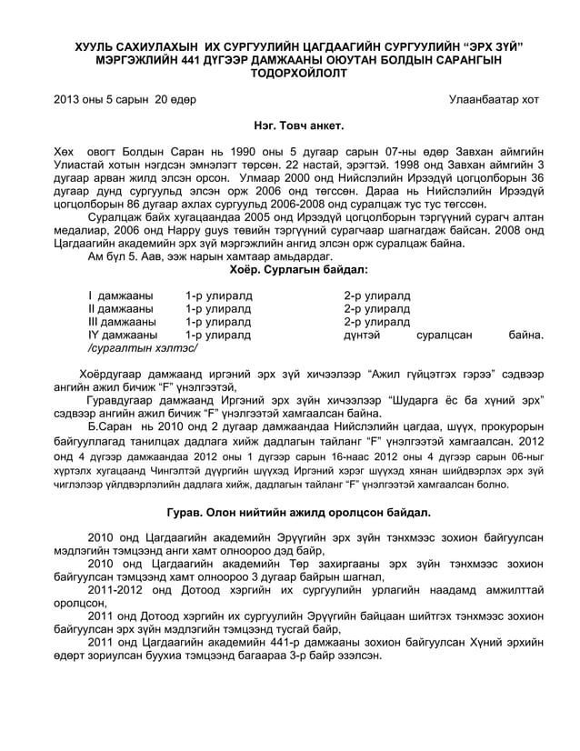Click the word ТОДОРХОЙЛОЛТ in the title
tap(290, 73)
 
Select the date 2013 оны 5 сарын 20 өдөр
tap(124, 99)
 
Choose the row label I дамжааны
tap(120, 295)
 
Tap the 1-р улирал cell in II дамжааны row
tap(218, 308)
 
